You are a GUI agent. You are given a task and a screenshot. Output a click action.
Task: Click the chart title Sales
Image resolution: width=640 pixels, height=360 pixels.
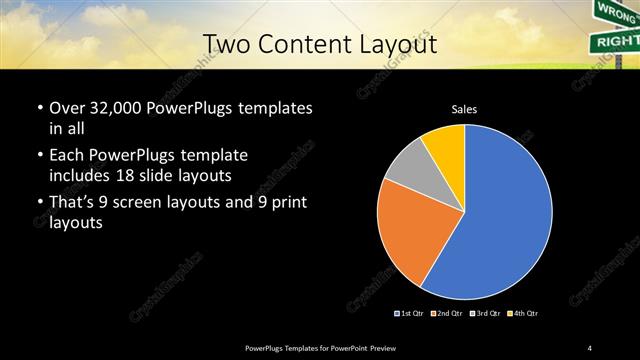tap(464, 108)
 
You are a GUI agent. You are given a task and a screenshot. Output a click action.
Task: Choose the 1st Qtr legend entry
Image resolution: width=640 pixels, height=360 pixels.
tap(409, 314)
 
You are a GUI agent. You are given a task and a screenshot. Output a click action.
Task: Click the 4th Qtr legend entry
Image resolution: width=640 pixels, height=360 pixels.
tap(521, 314)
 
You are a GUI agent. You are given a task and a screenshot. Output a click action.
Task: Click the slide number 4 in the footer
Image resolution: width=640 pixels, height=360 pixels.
tap(590, 347)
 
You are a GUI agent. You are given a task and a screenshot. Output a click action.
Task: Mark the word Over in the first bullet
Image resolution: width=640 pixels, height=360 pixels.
tap(65, 107)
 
